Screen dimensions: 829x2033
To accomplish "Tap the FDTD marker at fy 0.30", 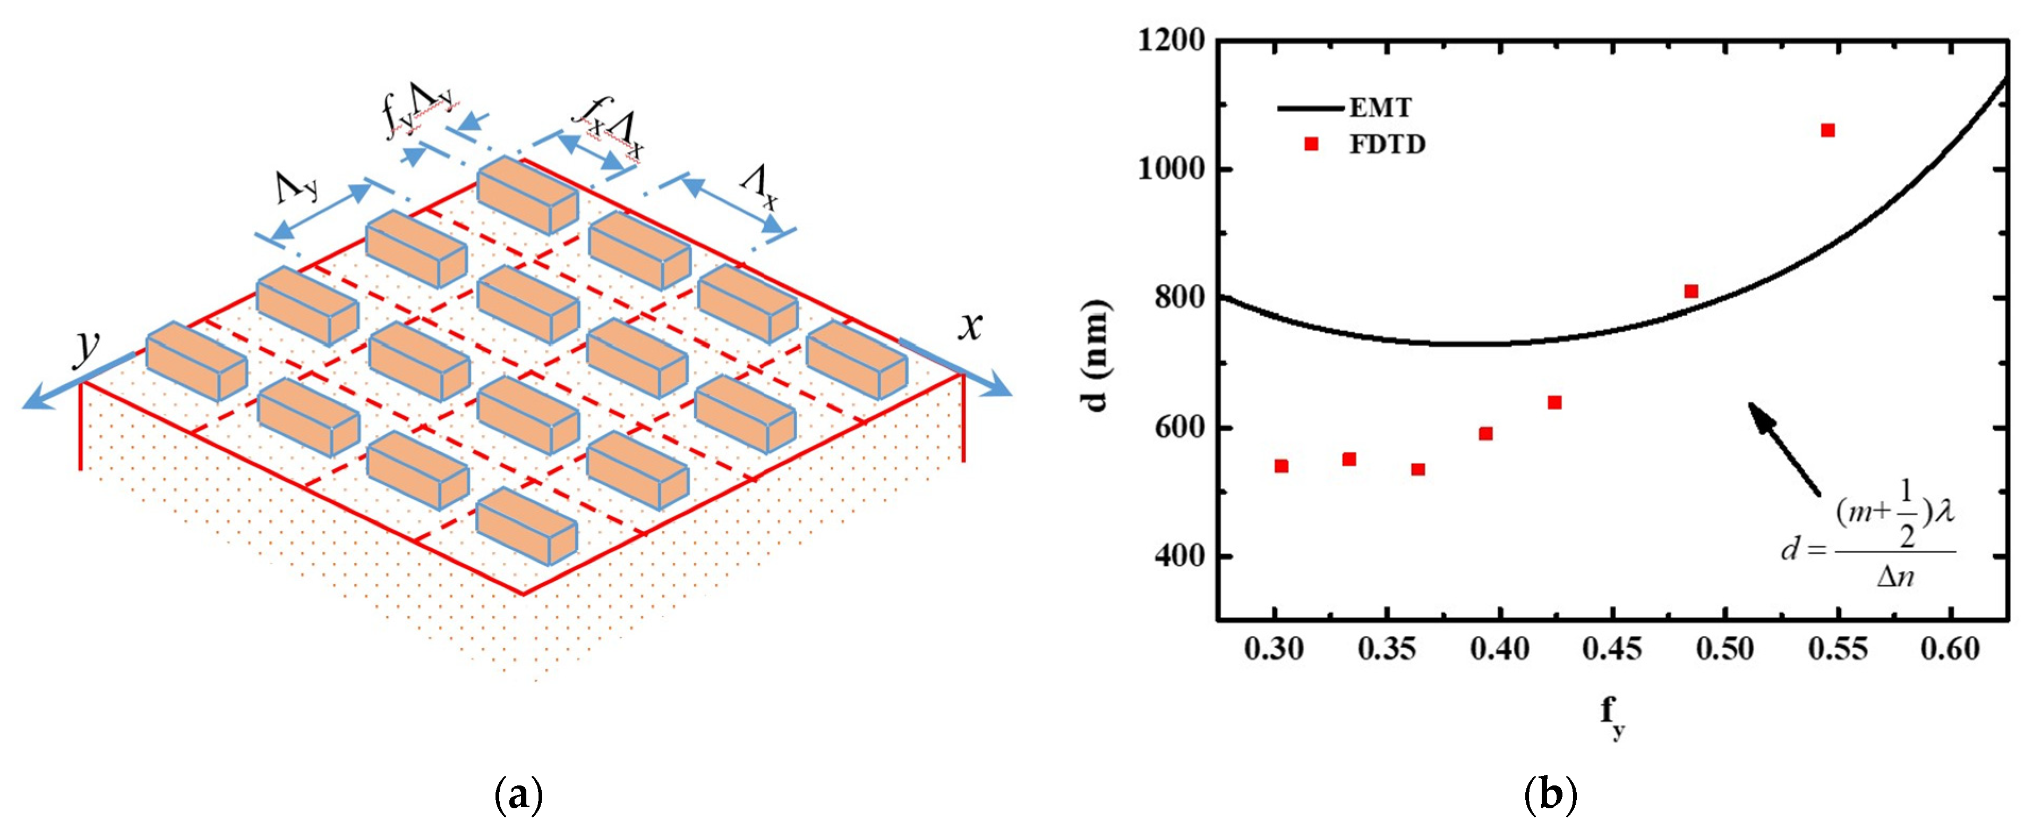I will coord(1281,466).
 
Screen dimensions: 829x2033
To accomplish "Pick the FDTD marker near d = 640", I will coord(1554,403).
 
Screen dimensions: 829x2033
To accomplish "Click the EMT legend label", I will coord(1380,107).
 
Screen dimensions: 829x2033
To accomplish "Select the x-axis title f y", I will coord(1613,717).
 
